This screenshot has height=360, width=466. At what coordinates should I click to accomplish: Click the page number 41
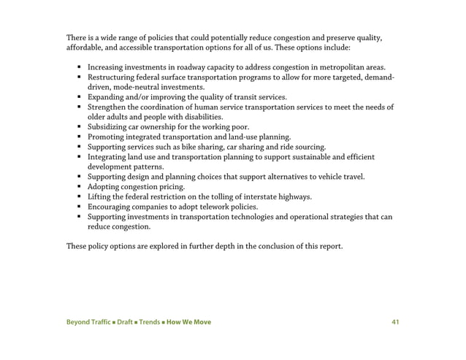[x=396, y=322]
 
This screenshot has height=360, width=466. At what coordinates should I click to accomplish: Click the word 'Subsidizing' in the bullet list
[x=107, y=126]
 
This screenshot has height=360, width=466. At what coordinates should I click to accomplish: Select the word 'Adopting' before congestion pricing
[x=103, y=187]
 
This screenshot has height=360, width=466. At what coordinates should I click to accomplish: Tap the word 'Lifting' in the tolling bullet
[x=99, y=197]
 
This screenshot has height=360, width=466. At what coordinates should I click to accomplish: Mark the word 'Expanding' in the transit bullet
[x=106, y=96]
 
